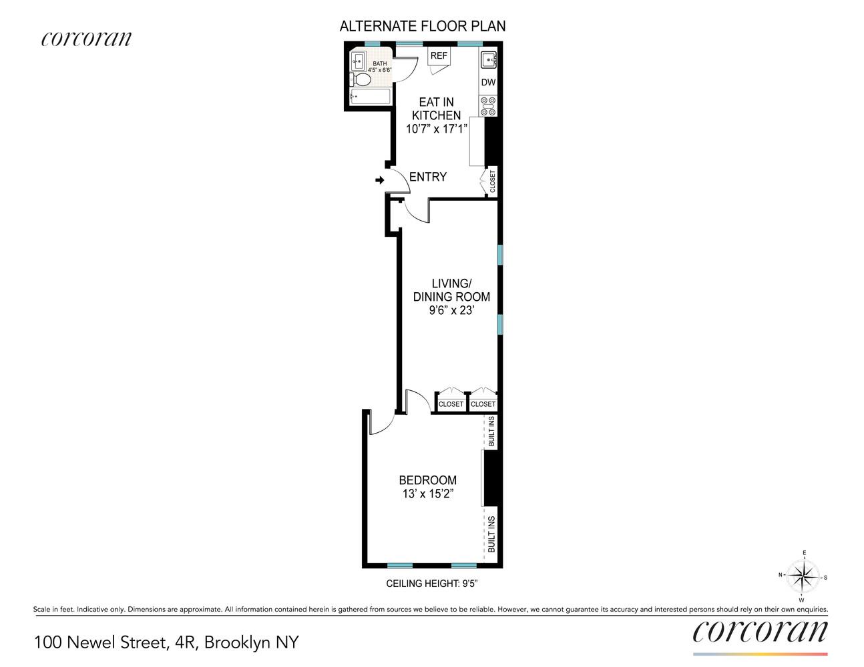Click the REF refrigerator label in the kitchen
tap(439, 56)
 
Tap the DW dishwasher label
tap(488, 83)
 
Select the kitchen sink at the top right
tap(489, 60)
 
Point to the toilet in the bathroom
tap(361, 80)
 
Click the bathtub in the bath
tap(370, 97)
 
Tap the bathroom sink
tap(357, 59)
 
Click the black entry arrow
tap(380, 180)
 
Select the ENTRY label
tap(427, 177)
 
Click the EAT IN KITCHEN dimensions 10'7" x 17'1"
tap(437, 129)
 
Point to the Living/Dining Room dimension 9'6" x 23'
tap(451, 310)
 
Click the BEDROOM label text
tap(427, 480)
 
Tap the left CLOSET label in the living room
tap(451, 404)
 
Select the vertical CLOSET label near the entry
tap(493, 182)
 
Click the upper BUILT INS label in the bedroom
tap(491, 432)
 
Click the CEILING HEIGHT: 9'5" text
tap(432, 584)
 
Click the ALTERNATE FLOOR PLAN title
tap(423, 27)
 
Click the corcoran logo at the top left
tap(86, 39)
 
